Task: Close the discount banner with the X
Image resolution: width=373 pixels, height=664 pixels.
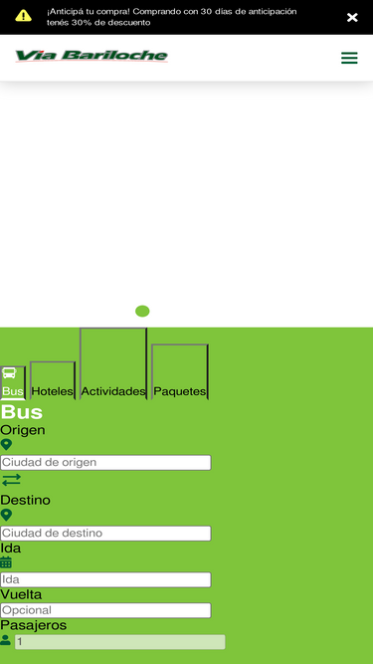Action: pyautogui.click(x=352, y=17)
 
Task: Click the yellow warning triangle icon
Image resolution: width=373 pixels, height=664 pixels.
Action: pyautogui.click(x=23, y=16)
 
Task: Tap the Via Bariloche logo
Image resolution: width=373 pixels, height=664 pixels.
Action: pyautogui.click(x=92, y=56)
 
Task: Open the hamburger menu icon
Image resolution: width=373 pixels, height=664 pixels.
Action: pyautogui.click(x=349, y=58)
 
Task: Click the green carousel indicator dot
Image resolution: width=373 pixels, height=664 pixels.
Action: pyautogui.click(x=142, y=312)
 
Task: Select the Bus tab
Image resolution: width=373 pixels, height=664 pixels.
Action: pyautogui.click(x=13, y=383)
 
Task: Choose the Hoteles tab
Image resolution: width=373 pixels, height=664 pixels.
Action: pyautogui.click(x=53, y=380)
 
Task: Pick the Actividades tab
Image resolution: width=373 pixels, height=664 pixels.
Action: pyautogui.click(x=113, y=363)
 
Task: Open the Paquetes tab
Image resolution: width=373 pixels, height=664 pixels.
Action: pyautogui.click(x=180, y=371)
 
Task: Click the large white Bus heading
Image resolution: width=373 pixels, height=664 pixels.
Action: pyautogui.click(x=22, y=412)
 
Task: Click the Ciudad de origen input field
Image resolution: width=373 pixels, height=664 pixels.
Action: pyautogui.click(x=105, y=463)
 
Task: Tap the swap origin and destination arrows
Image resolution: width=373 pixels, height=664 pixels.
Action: pyautogui.click(x=11, y=480)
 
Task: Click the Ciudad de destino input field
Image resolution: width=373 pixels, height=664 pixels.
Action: pyautogui.click(x=105, y=534)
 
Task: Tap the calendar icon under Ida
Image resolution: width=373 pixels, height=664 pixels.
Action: pyautogui.click(x=6, y=562)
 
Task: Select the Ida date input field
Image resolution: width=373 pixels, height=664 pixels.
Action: pyautogui.click(x=105, y=579)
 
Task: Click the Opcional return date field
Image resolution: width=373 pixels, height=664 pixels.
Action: pyautogui.click(x=105, y=610)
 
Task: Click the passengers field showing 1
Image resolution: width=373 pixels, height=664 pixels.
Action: pyautogui.click(x=120, y=642)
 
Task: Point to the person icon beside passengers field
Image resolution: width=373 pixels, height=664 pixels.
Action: pyautogui.click(x=6, y=640)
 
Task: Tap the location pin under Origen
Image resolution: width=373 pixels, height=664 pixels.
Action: pyautogui.click(x=6, y=445)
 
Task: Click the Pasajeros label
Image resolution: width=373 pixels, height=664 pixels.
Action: pyautogui.click(x=34, y=625)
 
